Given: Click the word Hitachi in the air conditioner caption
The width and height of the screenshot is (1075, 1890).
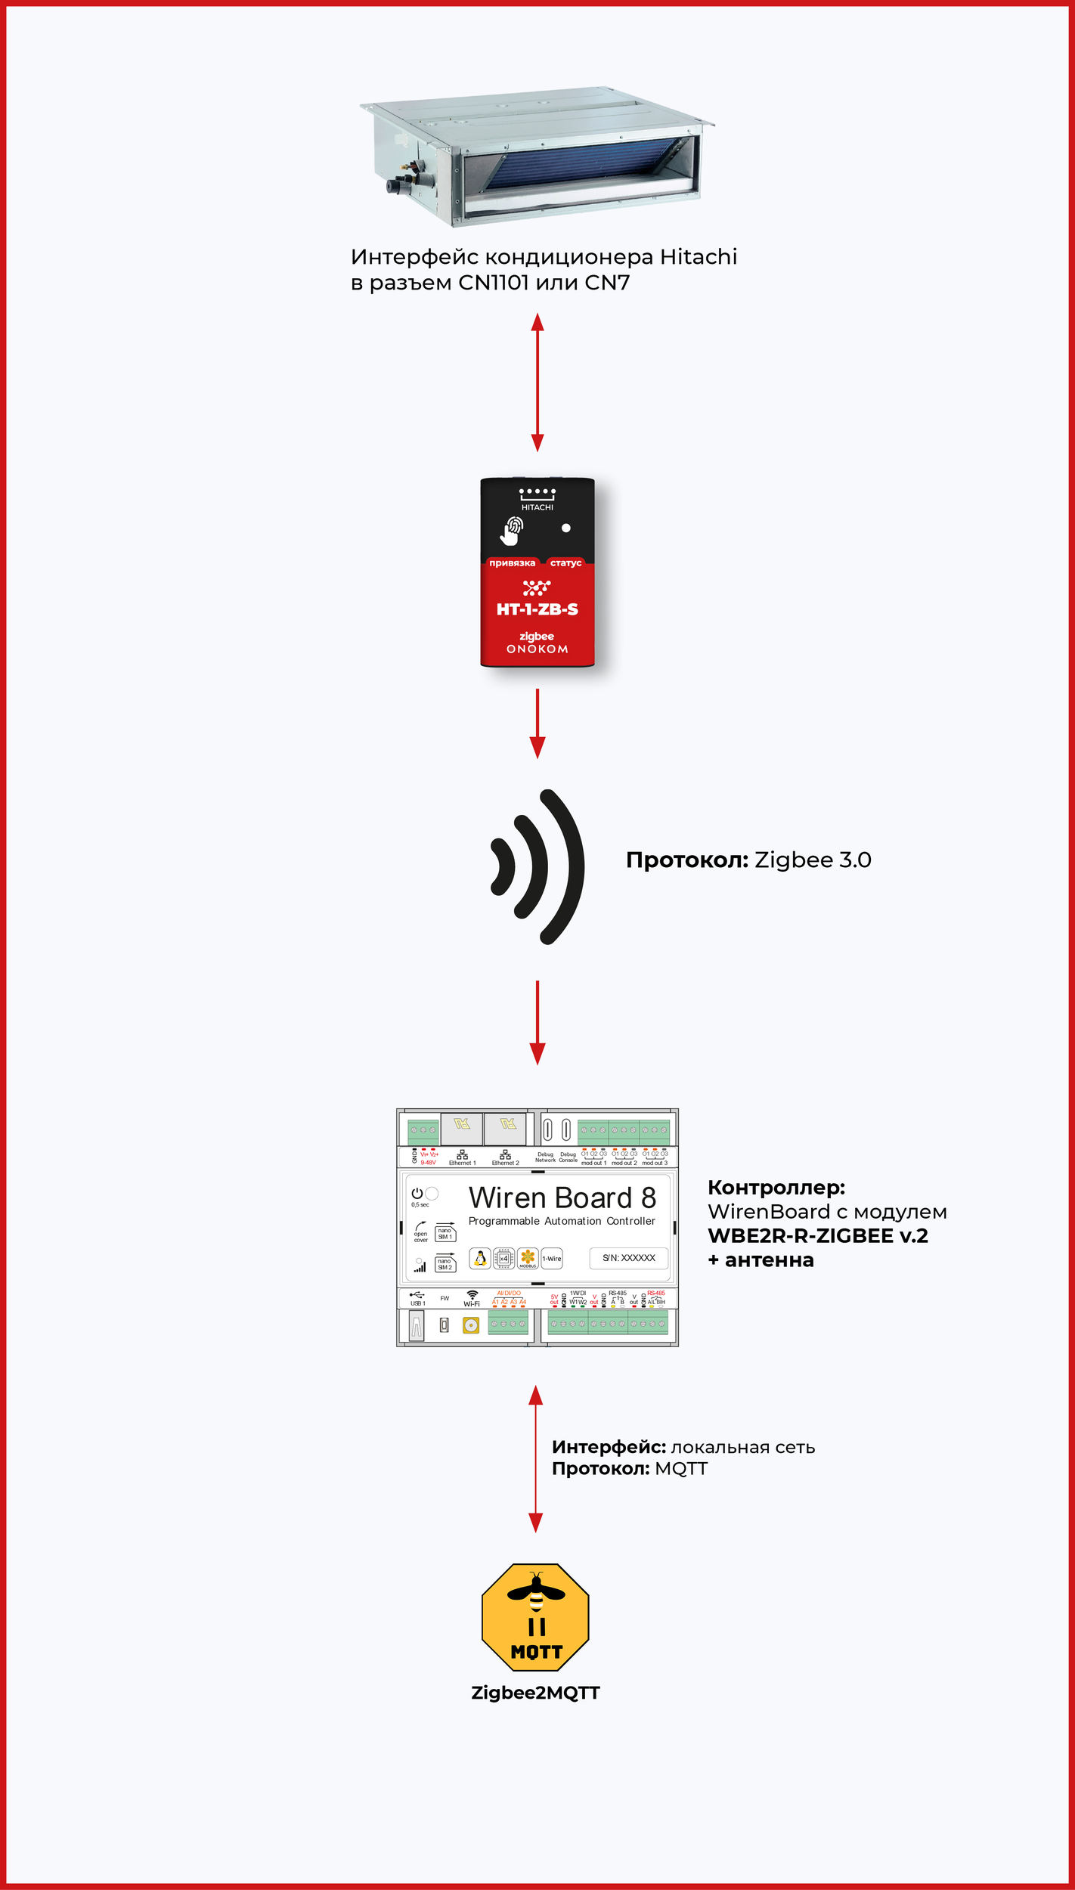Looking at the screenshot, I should click(x=698, y=257).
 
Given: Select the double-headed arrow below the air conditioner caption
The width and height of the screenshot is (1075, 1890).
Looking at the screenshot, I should click(x=537, y=383).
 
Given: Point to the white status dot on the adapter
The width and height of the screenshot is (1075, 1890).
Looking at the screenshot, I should click(x=565, y=528).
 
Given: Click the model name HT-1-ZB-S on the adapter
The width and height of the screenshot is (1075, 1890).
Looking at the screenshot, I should click(x=537, y=609).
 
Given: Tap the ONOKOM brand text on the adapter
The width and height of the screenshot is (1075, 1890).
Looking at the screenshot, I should click(x=537, y=649).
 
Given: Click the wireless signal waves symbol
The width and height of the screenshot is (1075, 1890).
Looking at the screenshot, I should click(x=538, y=866).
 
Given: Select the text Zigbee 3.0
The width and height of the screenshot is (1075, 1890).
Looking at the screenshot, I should click(x=813, y=860).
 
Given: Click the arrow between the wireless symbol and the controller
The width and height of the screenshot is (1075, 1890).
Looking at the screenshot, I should click(x=537, y=1022).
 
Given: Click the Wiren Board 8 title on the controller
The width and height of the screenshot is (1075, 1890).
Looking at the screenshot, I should click(x=562, y=1198).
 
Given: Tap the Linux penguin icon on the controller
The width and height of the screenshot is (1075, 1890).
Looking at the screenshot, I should click(x=479, y=1258).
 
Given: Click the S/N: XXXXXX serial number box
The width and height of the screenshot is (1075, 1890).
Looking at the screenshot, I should click(x=628, y=1258).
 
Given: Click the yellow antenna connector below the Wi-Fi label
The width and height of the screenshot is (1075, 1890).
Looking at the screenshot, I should click(x=471, y=1325).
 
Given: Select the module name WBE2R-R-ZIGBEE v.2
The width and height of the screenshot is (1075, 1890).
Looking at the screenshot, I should click(x=817, y=1236).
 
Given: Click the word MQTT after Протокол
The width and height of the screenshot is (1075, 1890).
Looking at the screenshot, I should click(x=680, y=1469).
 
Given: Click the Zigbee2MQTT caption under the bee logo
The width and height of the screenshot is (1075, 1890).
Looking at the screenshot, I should click(x=535, y=1693).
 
